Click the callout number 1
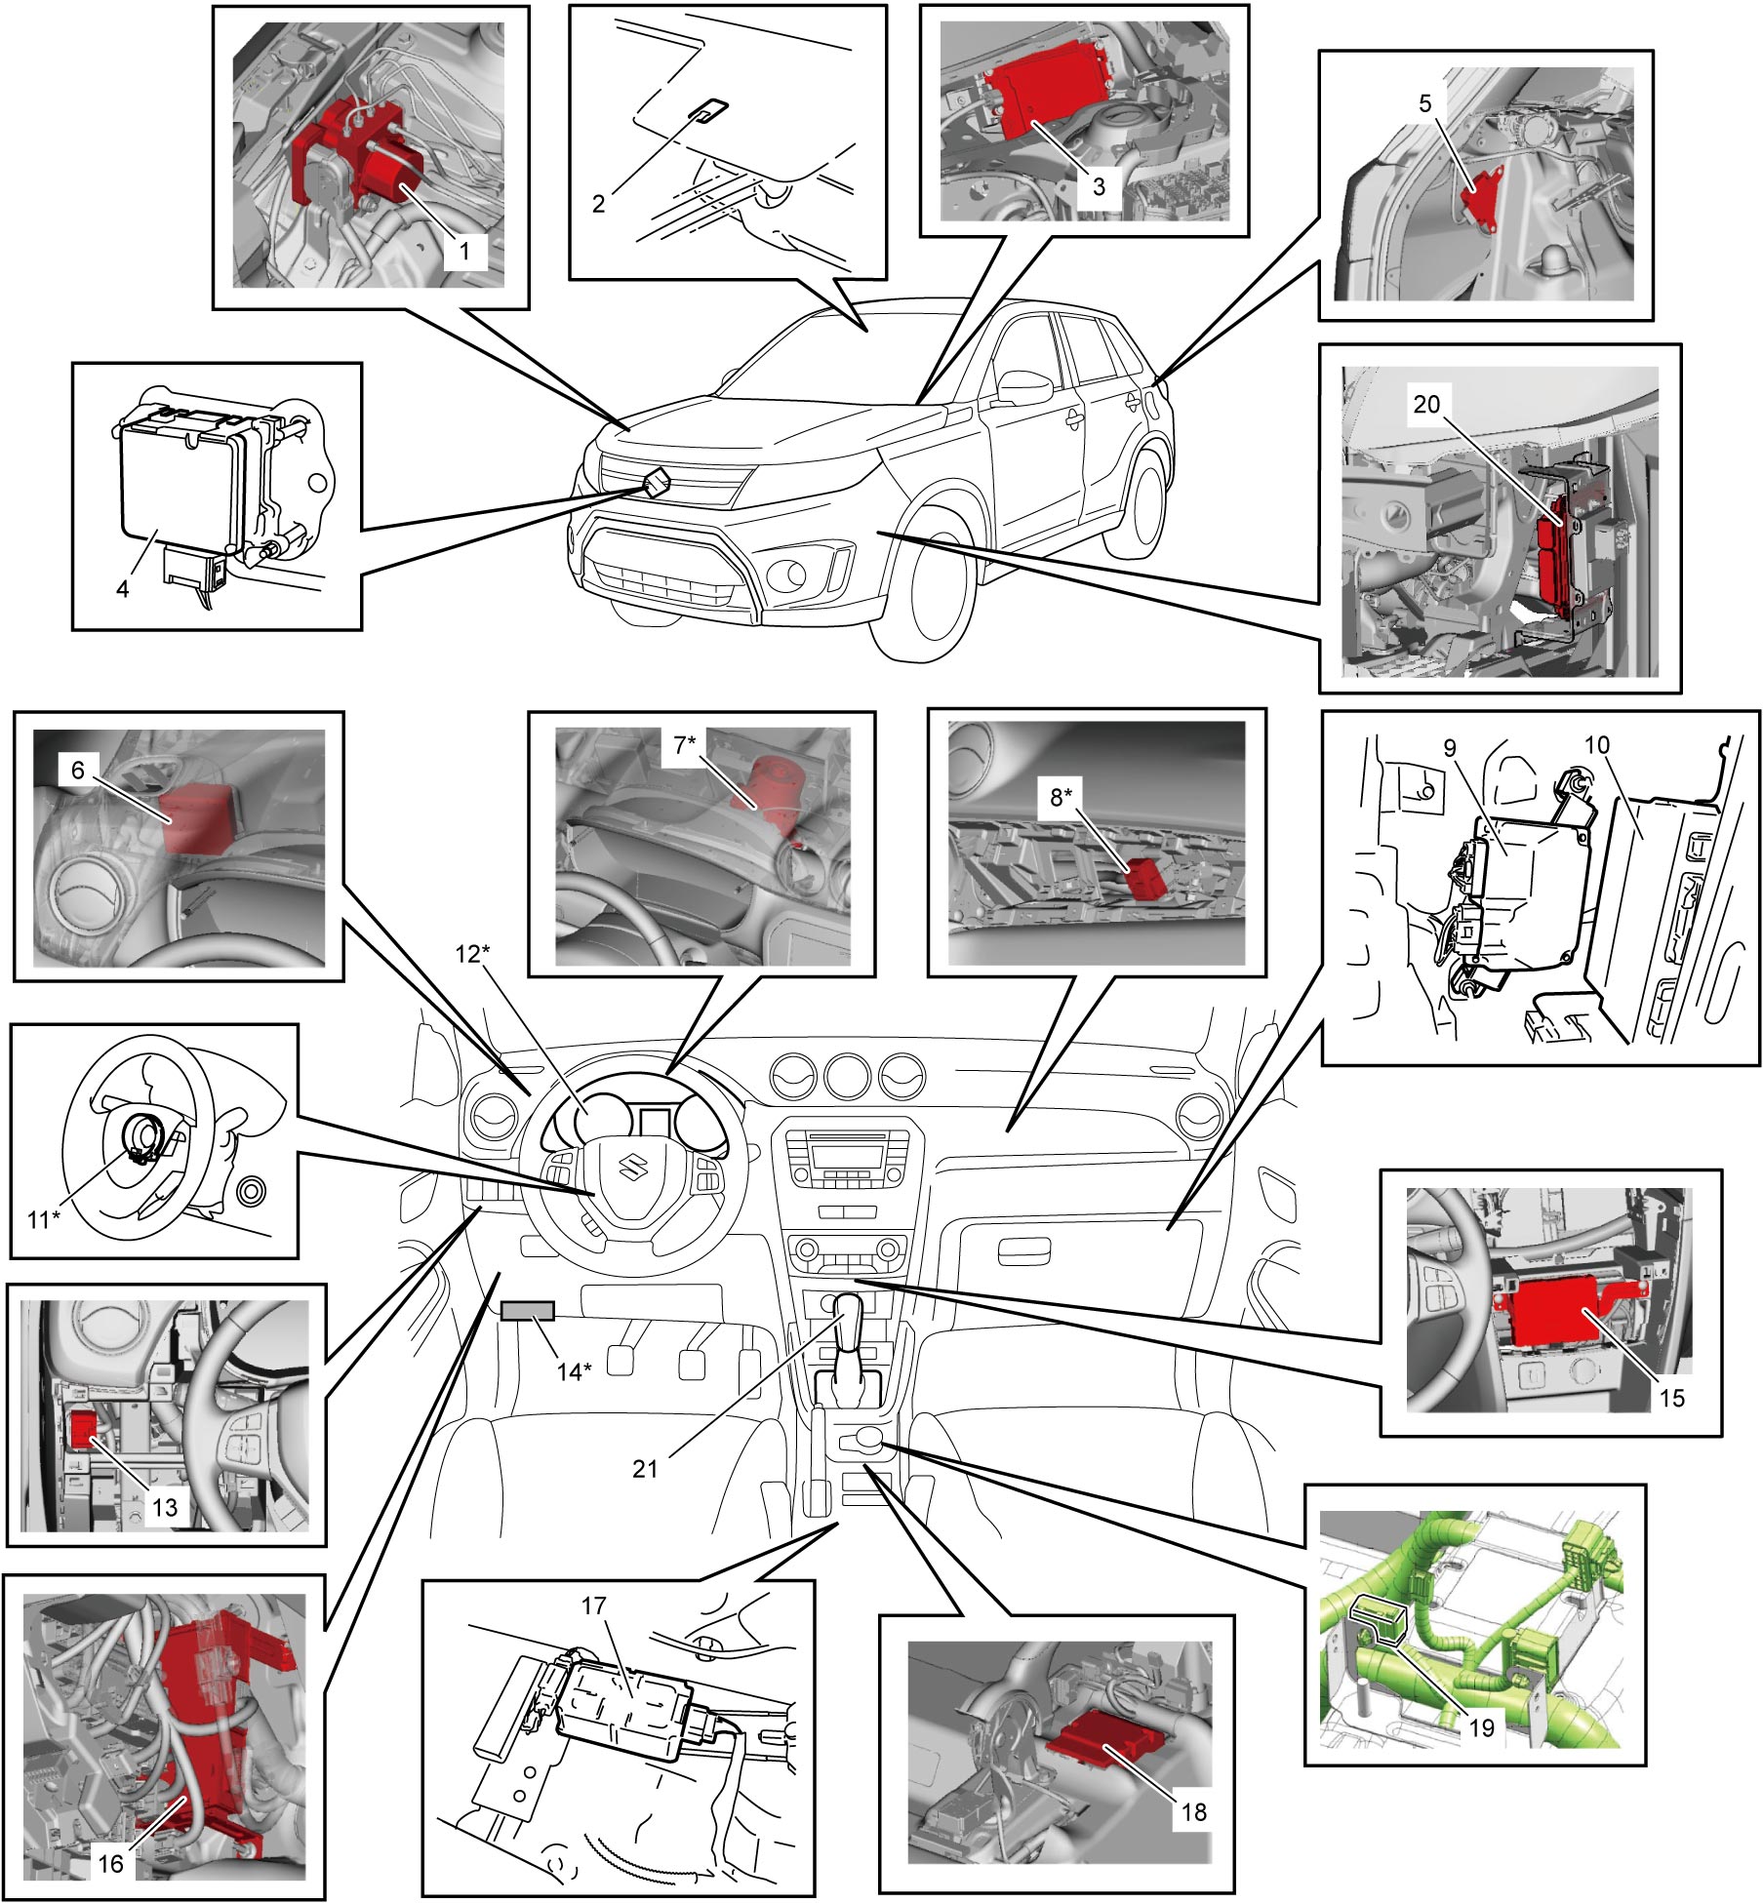(464, 251)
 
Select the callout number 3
(1099, 185)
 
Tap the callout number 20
(1426, 403)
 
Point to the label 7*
(685, 745)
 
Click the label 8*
(1061, 797)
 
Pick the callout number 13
(164, 1507)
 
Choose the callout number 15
(1672, 1398)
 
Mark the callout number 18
(1194, 1812)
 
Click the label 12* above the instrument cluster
(472, 953)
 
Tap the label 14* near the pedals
(574, 1371)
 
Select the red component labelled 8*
(1145, 879)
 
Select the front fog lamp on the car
(790, 576)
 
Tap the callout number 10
(1596, 745)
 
